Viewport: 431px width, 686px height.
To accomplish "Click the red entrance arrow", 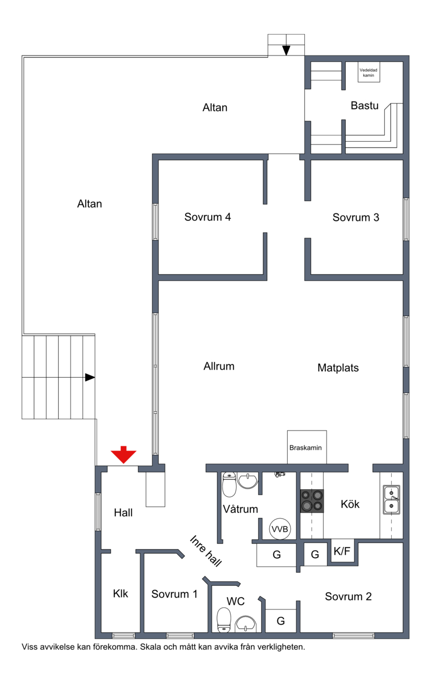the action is point(123,454).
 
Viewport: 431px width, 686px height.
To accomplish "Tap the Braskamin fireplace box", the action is point(307,447).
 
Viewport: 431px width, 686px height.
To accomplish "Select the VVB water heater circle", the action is point(280,529).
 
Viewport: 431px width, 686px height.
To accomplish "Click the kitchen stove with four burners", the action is point(311,501).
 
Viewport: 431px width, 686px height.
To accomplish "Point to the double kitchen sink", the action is point(392,500).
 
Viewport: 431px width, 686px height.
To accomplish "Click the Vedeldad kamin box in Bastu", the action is point(369,72).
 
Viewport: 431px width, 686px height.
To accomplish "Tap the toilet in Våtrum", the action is point(229,484).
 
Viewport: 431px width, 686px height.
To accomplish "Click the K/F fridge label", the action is point(342,551).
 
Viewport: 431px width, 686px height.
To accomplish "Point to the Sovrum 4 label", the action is point(207,217).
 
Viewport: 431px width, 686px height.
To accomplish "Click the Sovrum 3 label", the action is point(356,217).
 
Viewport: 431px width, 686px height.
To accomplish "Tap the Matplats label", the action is point(338,368).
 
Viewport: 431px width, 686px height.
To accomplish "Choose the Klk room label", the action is point(120,593).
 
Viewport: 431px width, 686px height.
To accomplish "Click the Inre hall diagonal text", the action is point(206,551).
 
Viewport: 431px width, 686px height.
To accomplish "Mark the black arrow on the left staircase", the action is point(89,377).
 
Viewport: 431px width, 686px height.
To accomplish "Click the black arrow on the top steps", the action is point(286,51).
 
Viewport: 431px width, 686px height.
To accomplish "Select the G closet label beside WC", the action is point(281,621).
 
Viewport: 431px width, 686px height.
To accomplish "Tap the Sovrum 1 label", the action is point(175,594).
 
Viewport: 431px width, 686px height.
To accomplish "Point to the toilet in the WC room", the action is point(224,620).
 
